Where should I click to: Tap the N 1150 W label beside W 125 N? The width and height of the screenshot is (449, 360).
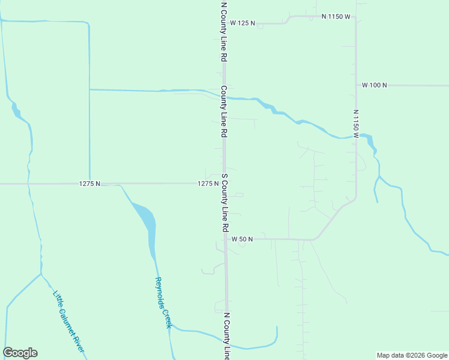tap(336, 17)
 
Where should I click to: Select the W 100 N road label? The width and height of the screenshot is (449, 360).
tap(374, 85)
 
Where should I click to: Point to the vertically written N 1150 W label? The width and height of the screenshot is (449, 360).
tap(355, 124)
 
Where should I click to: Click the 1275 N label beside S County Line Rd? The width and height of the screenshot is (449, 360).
tap(208, 184)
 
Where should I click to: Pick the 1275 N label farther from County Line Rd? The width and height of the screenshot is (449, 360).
tap(89, 184)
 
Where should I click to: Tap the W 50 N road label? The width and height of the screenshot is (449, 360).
tap(243, 239)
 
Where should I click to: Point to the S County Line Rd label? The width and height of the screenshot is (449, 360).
tap(224, 203)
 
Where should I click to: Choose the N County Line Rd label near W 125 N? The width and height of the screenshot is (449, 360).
tap(223, 31)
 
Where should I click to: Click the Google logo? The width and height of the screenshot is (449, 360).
tap(20, 353)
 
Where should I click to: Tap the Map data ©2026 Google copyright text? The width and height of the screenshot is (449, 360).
tap(412, 355)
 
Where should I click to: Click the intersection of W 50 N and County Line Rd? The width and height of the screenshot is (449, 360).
tap(226, 239)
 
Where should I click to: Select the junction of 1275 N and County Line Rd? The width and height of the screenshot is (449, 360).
tap(224, 184)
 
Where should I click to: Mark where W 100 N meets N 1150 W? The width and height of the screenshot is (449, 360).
tap(356, 85)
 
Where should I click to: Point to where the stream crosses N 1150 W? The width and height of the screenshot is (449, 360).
tap(356, 137)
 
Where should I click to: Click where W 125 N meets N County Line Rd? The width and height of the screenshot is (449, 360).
tap(223, 23)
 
